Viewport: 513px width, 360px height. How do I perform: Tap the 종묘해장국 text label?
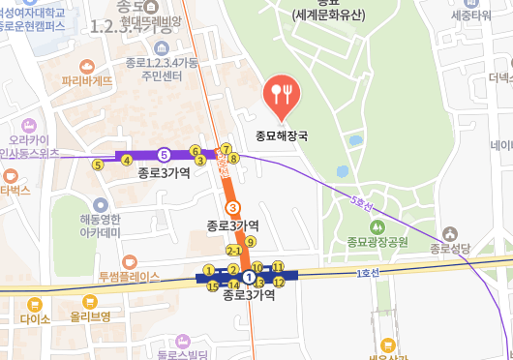point(281,136)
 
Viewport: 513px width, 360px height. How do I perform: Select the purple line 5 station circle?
point(165,154)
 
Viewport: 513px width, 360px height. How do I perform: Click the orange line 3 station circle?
point(231,207)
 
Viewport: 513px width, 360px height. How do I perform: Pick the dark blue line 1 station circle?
point(249,277)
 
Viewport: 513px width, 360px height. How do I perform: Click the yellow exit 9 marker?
point(251,242)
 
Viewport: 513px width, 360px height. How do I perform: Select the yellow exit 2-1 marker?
point(232,251)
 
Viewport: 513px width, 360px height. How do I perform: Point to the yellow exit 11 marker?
point(278,266)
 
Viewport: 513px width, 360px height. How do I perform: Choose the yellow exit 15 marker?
point(213,285)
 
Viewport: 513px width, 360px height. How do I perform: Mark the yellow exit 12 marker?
point(279,282)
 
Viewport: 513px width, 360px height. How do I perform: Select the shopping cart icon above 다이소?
point(35,303)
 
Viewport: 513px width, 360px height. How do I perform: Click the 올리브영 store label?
point(90,316)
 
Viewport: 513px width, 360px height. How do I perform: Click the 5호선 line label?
point(361,205)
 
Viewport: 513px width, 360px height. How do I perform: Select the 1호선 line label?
point(366,274)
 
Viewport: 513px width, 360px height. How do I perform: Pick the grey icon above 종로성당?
point(450,233)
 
